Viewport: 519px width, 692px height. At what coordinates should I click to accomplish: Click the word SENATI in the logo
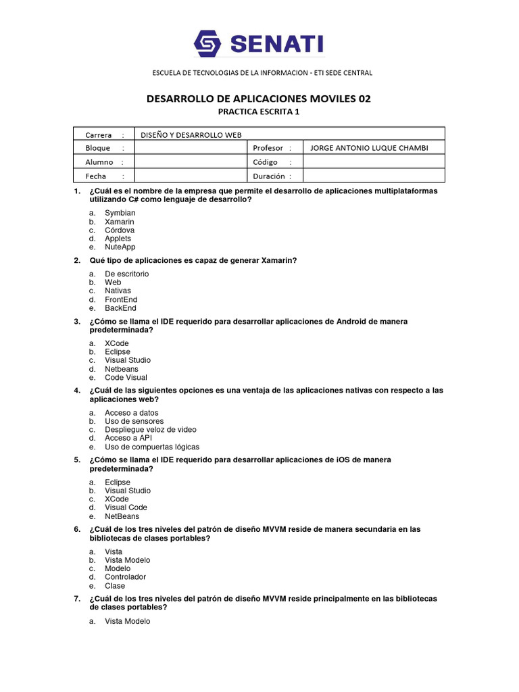(277, 45)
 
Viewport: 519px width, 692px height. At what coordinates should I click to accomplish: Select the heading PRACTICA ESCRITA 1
(259, 112)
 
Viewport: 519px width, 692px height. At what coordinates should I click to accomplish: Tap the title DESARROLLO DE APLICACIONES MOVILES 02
(259, 99)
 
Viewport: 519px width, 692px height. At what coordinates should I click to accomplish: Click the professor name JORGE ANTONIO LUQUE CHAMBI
(368, 148)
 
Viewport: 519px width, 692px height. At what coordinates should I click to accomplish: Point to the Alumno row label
(99, 162)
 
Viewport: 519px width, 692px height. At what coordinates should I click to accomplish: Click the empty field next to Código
(373, 162)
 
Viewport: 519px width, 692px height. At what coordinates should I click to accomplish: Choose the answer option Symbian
(120, 213)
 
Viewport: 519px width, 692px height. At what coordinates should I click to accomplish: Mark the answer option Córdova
(120, 230)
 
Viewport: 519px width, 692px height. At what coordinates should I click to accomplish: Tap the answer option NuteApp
(120, 247)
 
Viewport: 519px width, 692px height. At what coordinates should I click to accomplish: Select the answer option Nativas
(118, 291)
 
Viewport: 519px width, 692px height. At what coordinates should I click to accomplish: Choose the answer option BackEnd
(120, 308)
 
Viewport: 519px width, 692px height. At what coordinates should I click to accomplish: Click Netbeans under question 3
(121, 369)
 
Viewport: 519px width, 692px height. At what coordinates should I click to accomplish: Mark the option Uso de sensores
(134, 421)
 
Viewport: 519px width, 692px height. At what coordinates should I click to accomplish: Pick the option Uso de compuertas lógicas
(152, 447)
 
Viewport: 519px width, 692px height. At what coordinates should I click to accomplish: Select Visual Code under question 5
(126, 508)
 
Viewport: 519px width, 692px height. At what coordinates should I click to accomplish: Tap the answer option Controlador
(125, 577)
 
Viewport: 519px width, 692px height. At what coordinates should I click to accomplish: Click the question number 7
(77, 599)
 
